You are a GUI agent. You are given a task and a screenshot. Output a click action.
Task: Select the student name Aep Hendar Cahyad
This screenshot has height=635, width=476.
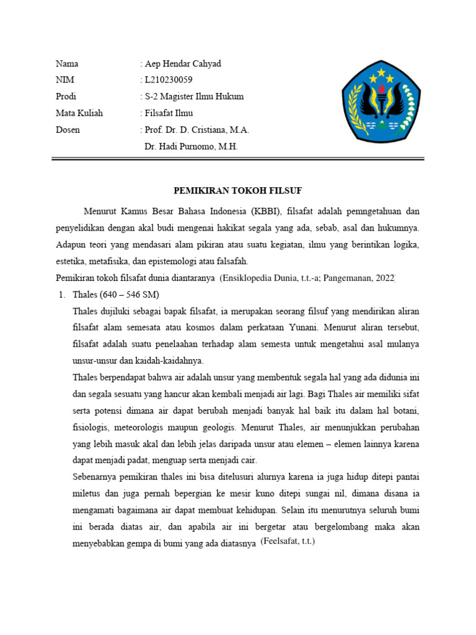(x=183, y=64)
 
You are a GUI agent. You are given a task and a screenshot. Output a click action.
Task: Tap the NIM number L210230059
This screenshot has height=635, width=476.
(x=169, y=80)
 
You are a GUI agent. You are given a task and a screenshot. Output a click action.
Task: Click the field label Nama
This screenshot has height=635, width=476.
(x=67, y=64)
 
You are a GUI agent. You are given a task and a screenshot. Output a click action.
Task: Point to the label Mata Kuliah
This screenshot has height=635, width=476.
(x=79, y=113)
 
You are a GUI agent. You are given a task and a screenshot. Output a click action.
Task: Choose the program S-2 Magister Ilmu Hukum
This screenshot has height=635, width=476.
(x=194, y=97)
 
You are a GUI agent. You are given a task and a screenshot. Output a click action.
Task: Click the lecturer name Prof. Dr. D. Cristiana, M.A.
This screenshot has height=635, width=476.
(x=196, y=130)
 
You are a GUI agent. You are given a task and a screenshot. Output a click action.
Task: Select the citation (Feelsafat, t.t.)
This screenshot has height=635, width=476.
(x=288, y=541)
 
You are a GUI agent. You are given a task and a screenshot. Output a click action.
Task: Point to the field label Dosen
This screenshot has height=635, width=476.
(x=68, y=130)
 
